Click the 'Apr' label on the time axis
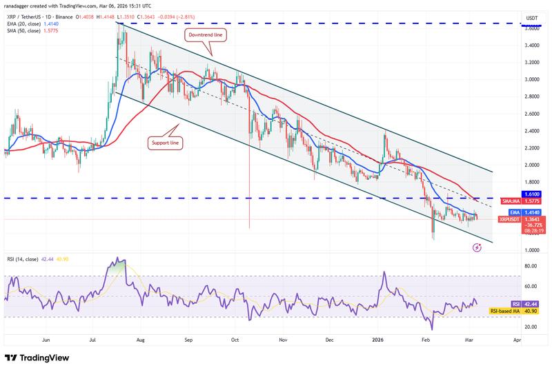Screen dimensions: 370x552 click(x=517, y=340)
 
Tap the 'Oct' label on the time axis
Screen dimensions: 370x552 click(x=235, y=340)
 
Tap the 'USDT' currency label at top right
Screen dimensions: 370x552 click(x=533, y=17)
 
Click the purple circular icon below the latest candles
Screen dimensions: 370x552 click(x=476, y=247)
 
